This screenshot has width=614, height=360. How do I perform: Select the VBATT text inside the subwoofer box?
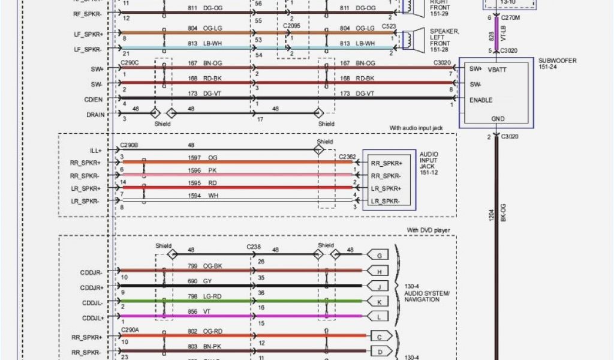(497, 69)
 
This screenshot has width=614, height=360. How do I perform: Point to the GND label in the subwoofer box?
(498, 119)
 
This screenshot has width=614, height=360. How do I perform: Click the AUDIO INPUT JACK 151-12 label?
(429, 163)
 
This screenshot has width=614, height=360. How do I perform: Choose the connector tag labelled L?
(379, 316)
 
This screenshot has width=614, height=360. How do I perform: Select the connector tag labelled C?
(380, 336)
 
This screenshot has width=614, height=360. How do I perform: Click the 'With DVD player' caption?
(428, 230)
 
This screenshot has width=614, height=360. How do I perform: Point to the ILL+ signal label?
(95, 151)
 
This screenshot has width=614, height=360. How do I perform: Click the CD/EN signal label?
(94, 100)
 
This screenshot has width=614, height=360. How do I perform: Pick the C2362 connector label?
(347, 157)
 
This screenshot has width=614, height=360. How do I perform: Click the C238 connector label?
(254, 247)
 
